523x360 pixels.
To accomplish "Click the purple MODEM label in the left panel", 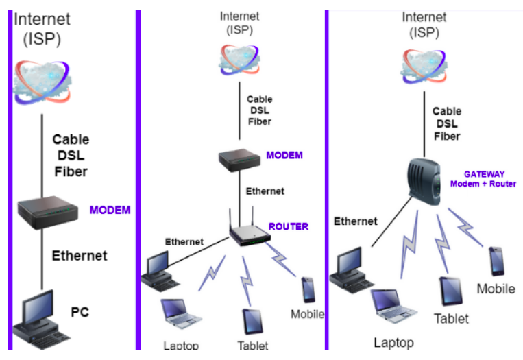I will tap(110, 210).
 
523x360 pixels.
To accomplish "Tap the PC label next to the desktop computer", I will tap(80, 313).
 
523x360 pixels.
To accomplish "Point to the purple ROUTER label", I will tap(288, 226).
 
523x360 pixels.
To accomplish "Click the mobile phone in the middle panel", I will tap(308, 289).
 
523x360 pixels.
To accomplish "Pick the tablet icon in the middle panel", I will tap(251, 321).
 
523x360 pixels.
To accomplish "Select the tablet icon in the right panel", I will tap(450, 292).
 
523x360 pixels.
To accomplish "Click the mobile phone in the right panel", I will tap(496, 261).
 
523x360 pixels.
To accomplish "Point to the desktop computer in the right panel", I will tap(350, 268).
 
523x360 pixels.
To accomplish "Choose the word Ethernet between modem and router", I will tap(265, 191).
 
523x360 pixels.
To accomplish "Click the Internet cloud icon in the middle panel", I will tap(240, 60).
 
